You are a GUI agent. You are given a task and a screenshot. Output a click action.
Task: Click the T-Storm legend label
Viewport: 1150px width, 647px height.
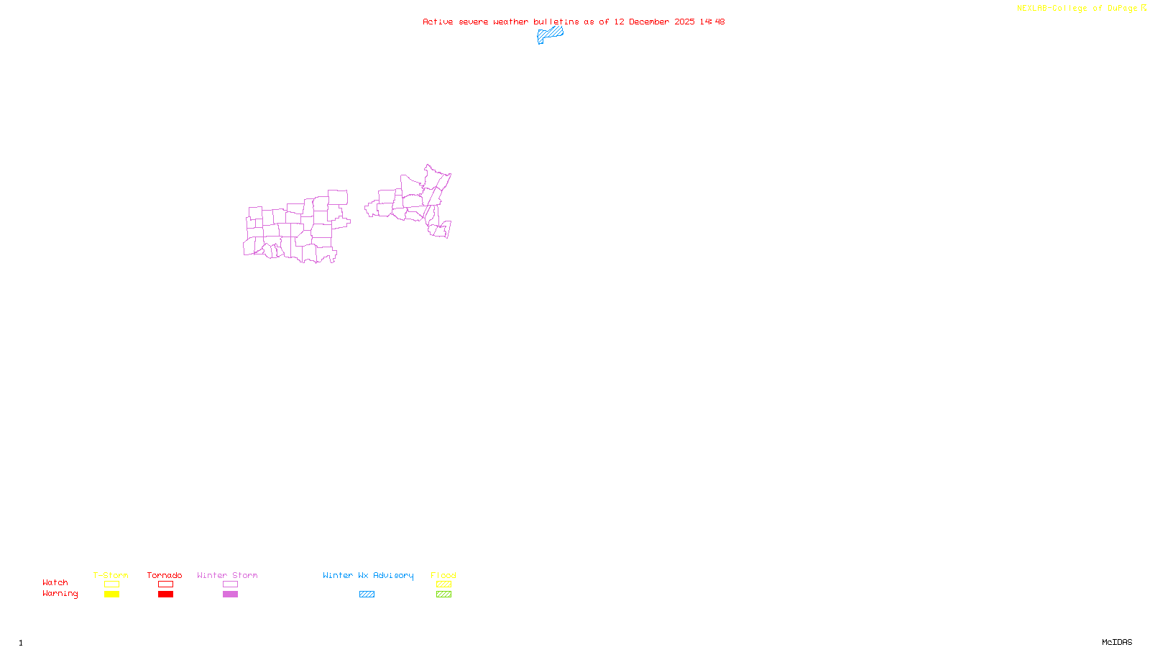click(x=111, y=575)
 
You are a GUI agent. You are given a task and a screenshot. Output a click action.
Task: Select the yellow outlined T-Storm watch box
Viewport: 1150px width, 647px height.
click(x=111, y=584)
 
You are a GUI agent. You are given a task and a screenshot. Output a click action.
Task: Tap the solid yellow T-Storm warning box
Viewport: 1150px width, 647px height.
click(x=111, y=595)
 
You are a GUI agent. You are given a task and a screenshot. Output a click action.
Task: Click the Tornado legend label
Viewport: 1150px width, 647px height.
click(x=165, y=575)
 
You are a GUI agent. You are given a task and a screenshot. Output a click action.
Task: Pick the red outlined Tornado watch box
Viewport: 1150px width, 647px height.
click(x=165, y=584)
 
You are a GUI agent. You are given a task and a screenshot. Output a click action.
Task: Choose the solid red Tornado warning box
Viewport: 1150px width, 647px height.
click(x=165, y=595)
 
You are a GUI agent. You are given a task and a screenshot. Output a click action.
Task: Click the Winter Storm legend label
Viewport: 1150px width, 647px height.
click(x=227, y=575)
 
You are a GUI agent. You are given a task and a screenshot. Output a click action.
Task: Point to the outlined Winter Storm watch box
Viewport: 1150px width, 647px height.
click(x=230, y=584)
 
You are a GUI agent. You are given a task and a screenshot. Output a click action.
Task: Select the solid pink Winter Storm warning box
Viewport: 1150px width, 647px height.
click(x=230, y=595)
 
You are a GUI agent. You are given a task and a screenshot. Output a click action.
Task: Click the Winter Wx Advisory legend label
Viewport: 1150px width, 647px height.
click(x=368, y=575)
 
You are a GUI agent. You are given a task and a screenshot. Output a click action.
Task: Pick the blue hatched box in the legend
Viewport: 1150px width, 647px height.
click(x=367, y=595)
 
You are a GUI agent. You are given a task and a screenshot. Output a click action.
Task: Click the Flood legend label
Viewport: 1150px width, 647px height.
click(x=443, y=575)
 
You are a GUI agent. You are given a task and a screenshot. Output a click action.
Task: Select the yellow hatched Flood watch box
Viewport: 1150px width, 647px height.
click(x=443, y=584)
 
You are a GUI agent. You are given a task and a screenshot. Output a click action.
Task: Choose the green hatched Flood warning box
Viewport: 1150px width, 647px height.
click(x=443, y=595)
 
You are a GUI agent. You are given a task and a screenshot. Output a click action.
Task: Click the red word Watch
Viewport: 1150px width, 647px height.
click(x=55, y=582)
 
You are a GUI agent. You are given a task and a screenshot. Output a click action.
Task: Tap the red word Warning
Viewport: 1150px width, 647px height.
click(x=60, y=594)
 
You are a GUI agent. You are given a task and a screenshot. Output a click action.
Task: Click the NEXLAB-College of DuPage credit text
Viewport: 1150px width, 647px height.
click(x=1077, y=8)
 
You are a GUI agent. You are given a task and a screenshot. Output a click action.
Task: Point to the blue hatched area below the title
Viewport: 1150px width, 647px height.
click(x=551, y=34)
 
